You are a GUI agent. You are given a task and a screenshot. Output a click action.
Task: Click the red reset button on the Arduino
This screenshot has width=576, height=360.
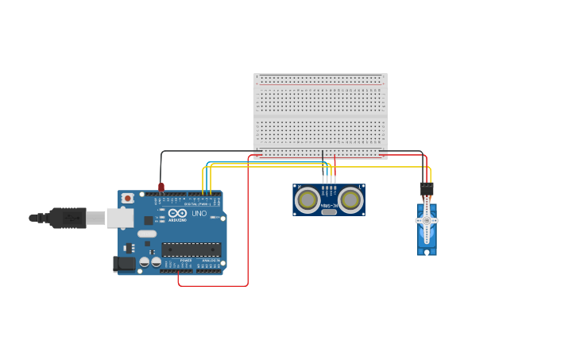127,198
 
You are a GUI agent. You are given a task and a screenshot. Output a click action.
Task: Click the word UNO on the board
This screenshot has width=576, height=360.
199,213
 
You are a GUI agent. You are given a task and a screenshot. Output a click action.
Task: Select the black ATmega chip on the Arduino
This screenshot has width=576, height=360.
191,250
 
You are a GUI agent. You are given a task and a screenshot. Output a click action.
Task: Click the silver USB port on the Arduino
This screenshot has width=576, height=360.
120,217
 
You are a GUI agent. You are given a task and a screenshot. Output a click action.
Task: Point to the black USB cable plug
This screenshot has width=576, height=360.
68,217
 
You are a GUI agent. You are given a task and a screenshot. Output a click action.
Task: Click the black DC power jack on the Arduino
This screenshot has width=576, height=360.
123,264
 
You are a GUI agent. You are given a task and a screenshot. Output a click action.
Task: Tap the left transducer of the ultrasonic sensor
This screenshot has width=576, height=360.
307,200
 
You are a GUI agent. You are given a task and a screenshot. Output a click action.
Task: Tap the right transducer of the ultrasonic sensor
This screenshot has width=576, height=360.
350,200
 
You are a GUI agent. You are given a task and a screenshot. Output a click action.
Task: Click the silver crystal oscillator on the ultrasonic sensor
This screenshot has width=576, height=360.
329,211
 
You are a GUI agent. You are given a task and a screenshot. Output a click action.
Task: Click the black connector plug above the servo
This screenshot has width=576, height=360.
427,188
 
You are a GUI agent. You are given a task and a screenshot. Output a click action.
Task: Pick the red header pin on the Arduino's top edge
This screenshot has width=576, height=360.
161,188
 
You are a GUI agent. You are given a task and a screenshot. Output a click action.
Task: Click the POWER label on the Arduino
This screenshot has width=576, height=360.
185,260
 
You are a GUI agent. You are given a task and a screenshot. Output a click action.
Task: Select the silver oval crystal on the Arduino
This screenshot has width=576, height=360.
147,234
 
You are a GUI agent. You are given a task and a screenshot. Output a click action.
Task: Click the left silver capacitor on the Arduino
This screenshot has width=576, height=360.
145,261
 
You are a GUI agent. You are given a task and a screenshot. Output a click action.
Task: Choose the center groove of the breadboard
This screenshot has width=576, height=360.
320,117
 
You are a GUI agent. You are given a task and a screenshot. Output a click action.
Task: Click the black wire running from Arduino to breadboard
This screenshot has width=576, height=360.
207,151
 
